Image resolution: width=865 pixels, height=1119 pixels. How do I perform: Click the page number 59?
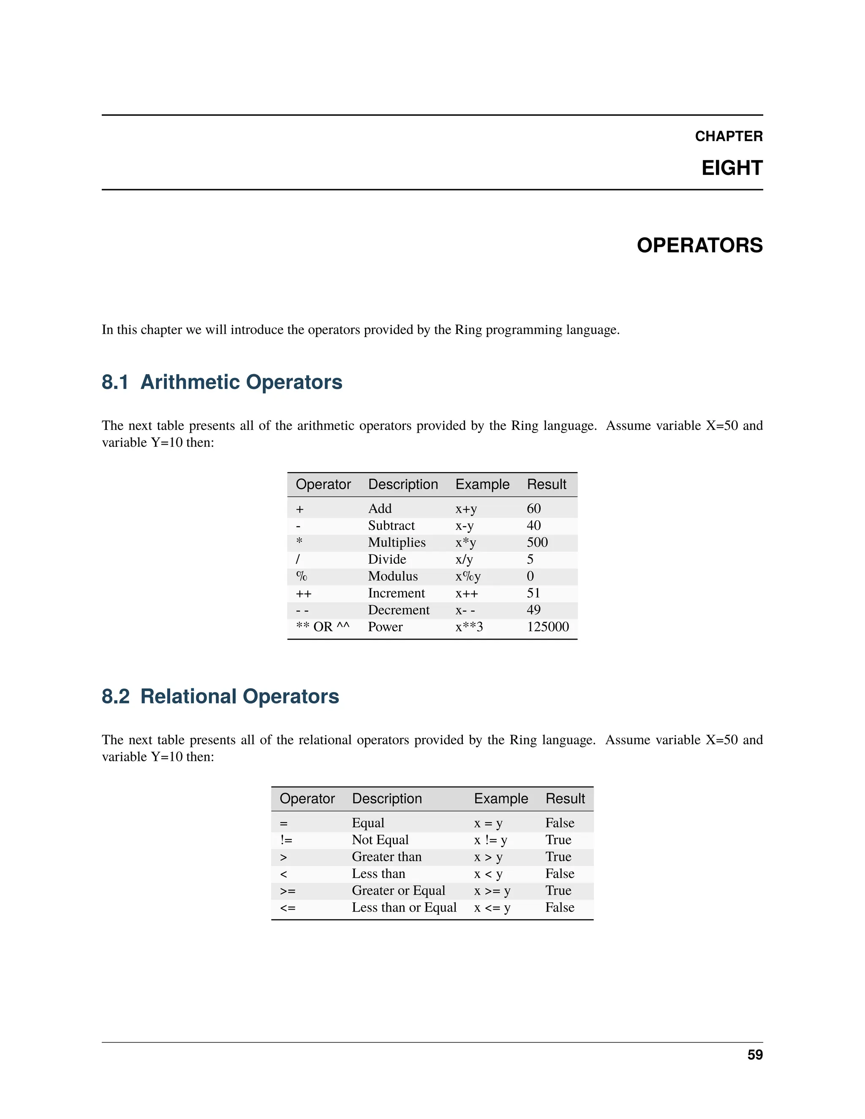754,1054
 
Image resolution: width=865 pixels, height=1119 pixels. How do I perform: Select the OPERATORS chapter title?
699,245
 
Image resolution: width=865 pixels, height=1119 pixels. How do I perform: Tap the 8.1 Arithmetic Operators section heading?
221,382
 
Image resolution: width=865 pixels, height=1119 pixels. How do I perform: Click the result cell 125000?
547,627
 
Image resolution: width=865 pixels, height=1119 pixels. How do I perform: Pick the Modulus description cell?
392,576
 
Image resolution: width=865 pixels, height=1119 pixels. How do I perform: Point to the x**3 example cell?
469,627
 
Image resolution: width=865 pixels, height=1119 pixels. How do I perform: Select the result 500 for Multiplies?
537,542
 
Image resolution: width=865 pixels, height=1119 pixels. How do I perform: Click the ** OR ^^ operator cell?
322,627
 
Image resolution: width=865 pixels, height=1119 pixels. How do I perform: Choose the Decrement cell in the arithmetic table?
398,610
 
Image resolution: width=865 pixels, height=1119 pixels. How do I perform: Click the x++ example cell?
466,593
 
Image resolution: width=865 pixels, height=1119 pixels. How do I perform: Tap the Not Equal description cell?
380,839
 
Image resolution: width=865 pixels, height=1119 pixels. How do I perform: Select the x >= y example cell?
492,890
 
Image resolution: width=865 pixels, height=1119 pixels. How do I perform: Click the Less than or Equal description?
403,907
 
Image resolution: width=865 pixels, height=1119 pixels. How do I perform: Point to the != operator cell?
286,839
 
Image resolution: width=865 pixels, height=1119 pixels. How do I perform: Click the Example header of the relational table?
500,798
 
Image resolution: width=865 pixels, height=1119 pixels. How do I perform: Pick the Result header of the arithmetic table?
546,484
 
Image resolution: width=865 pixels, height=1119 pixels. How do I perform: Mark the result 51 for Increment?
533,593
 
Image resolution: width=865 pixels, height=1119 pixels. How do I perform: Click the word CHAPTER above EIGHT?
728,136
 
